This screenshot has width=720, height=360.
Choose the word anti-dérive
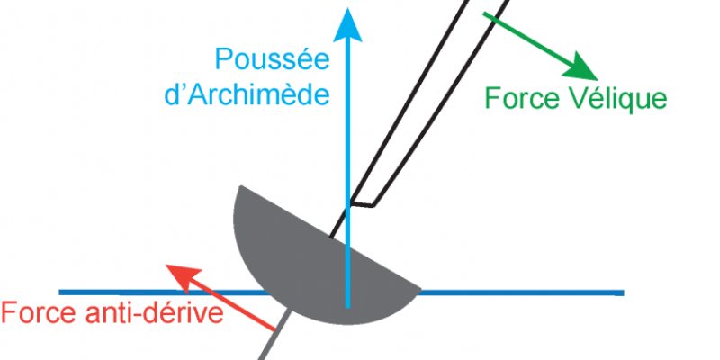[152, 315]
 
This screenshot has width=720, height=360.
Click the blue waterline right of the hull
[522, 292]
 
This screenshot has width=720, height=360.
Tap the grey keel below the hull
[274, 342]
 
